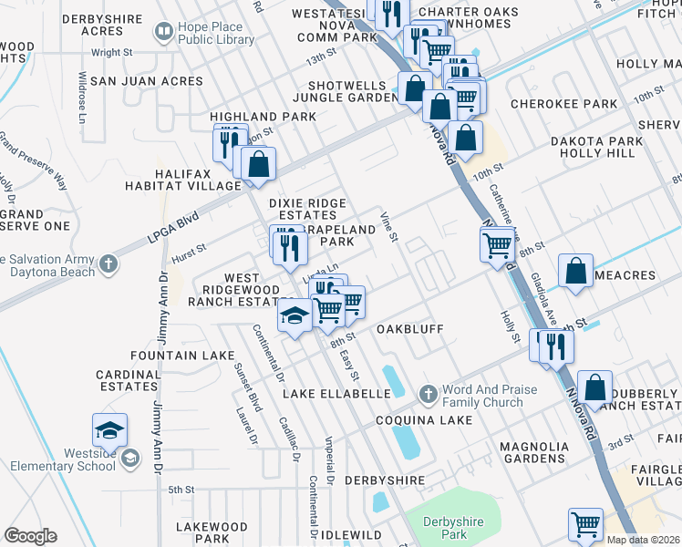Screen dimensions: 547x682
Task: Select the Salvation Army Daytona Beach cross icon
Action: coord(108,264)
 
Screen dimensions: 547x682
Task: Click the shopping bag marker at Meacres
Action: coord(576,273)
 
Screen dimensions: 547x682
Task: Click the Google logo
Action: coord(30,536)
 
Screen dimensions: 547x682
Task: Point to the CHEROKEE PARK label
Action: coord(563,104)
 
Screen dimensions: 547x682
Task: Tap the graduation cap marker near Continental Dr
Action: coord(294,316)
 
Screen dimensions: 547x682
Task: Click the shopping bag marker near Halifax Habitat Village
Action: coord(259,165)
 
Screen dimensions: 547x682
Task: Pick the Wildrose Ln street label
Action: coord(83,98)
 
